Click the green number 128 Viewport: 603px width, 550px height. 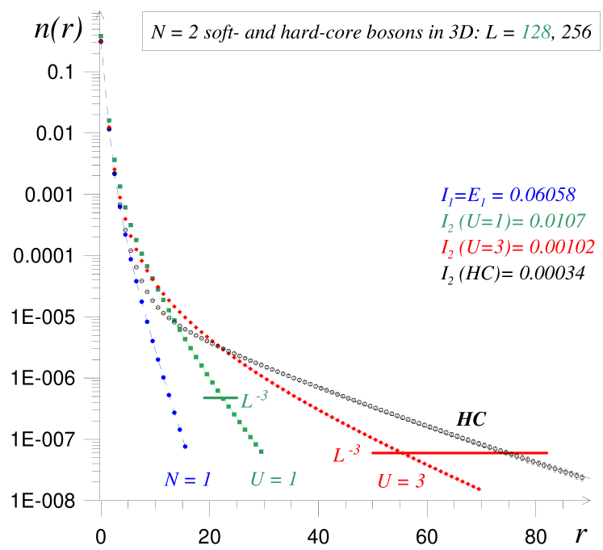pyautogui.click(x=536, y=32)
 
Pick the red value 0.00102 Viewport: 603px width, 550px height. pyautogui.click(x=562, y=247)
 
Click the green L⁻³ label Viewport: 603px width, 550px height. pyautogui.click(x=254, y=400)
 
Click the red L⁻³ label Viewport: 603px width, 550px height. pyautogui.click(x=346, y=455)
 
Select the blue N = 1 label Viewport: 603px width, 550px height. pyautogui.click(x=187, y=480)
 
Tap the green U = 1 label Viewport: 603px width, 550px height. pyautogui.click(x=274, y=479)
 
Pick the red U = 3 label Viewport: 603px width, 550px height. pyautogui.click(x=401, y=482)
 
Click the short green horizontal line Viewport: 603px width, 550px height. pyautogui.click(x=220, y=397)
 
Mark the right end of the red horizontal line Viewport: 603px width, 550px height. pyautogui.click(x=547, y=453)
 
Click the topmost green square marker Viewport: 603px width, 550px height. pyautogui.click(x=101, y=36)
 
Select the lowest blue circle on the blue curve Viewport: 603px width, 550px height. pyautogui.click(x=185, y=446)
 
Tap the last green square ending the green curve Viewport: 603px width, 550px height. pyautogui.click(x=261, y=451)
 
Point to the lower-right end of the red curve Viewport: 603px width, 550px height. pyautogui.click(x=480, y=489)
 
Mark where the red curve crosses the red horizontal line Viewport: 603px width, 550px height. pyautogui.click(x=406, y=453)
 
